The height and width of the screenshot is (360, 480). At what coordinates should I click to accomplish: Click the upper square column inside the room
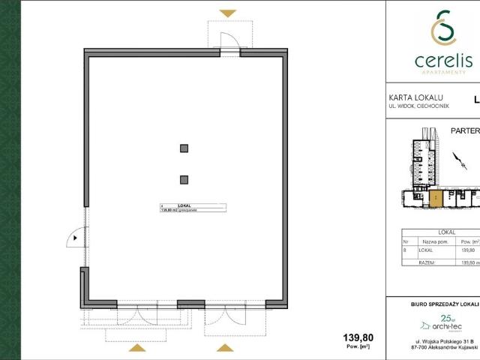point(183,148)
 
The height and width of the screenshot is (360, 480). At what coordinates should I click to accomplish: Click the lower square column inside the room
point(183,178)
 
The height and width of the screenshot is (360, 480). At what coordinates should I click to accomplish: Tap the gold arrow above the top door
point(228,13)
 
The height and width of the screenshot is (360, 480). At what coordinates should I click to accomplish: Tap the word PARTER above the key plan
point(465,130)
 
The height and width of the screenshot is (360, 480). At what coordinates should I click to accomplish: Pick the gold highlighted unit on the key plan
point(435,198)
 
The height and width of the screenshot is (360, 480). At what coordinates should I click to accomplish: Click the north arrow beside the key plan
point(457,159)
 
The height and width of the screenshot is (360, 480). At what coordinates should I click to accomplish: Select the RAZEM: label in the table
point(428,262)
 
